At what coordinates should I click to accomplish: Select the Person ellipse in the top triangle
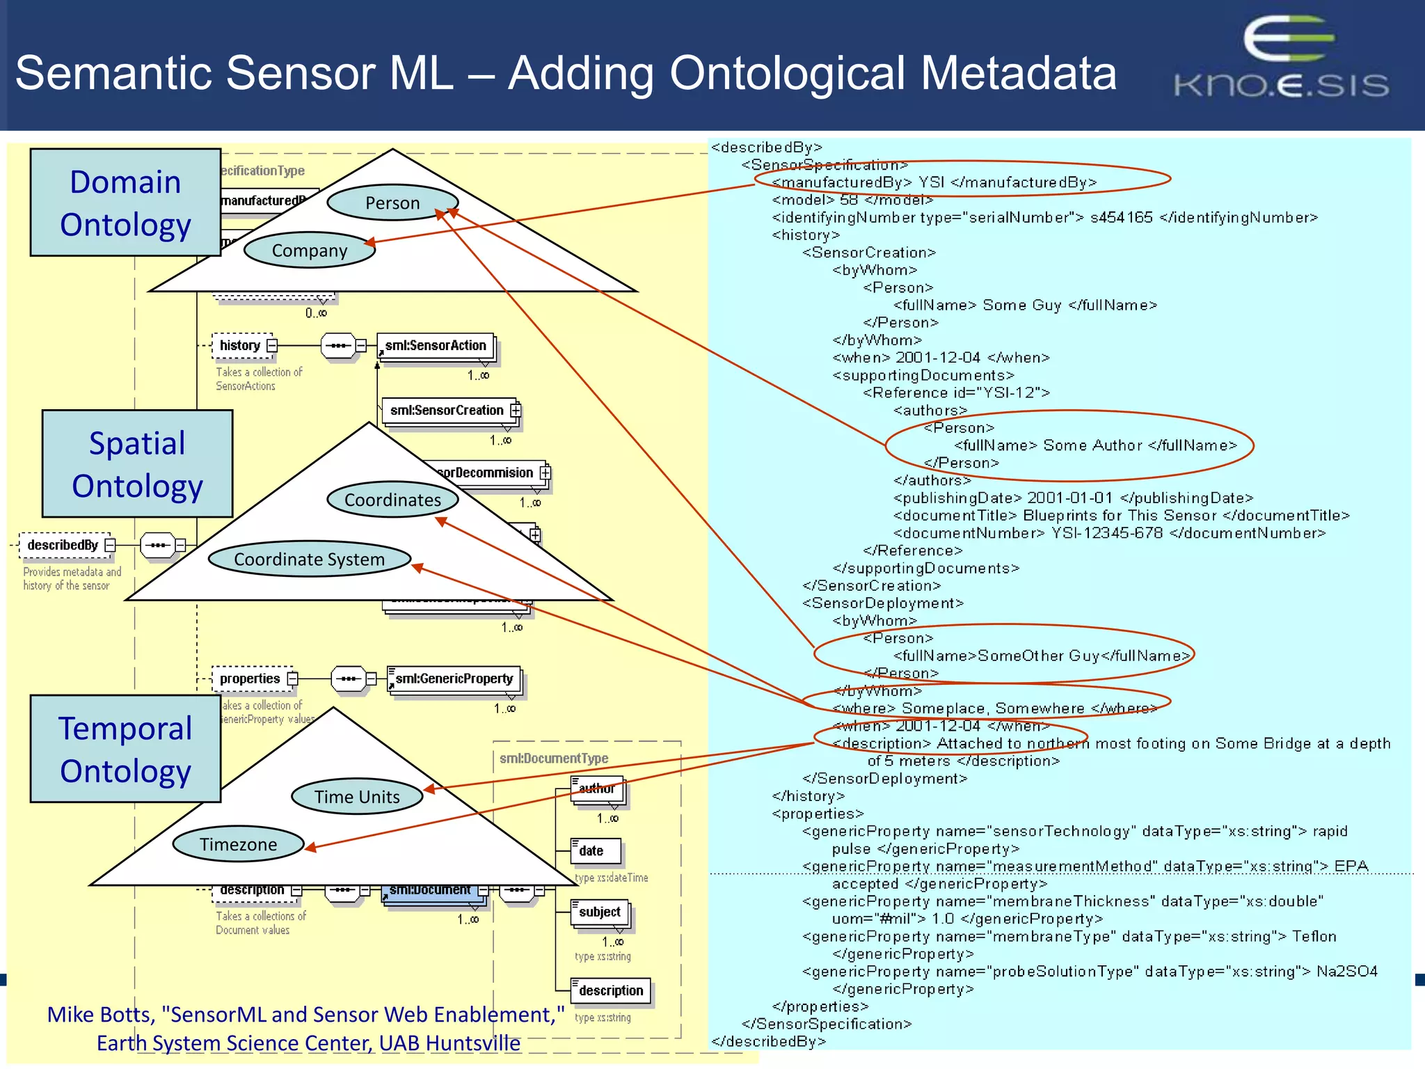392,203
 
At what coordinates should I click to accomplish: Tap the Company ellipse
309,251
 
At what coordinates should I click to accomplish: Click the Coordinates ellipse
392,500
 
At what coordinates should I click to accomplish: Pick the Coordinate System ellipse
309,559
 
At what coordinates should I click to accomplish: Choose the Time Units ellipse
357,797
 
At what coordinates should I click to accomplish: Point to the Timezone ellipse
238,844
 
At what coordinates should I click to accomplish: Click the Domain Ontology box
125,203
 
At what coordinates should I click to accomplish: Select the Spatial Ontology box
137,464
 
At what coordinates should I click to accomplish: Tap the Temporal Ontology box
125,749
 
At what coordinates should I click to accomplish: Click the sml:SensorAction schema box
436,346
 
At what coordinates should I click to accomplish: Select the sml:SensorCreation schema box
447,411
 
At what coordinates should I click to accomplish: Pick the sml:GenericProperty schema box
454,679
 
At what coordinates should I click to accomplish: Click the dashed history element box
241,345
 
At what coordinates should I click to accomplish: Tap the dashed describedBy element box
63,545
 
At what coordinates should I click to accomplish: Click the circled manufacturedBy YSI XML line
934,182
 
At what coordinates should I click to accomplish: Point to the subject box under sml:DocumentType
599,912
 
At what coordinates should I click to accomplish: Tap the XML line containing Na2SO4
1089,972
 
